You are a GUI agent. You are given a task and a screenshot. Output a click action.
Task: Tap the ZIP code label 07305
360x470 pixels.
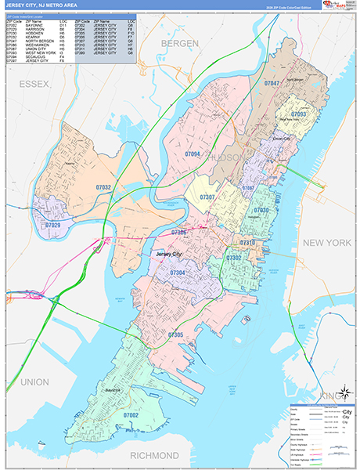(x=175, y=334)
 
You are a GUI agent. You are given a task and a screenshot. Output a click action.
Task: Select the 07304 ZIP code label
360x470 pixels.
(x=178, y=272)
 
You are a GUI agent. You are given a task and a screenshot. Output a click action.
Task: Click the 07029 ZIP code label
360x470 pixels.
(x=52, y=225)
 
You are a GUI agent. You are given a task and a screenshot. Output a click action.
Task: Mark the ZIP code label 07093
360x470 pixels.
(x=298, y=114)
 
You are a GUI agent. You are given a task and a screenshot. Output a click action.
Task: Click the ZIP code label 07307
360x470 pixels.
(x=207, y=197)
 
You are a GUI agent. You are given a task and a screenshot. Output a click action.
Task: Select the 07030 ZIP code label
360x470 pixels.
(x=261, y=210)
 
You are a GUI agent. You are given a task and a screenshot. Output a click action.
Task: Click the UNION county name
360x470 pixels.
(x=34, y=381)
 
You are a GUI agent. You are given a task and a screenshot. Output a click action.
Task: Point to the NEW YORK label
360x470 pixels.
(x=327, y=244)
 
